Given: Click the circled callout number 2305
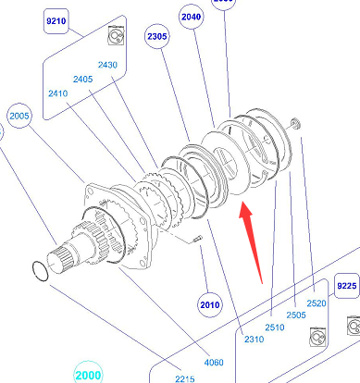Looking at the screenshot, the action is (x=157, y=36).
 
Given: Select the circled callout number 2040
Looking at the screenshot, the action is (x=192, y=17).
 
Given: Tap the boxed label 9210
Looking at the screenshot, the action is (x=56, y=21).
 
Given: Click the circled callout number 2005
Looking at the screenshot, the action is (x=19, y=116).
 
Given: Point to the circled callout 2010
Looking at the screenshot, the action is (x=210, y=305).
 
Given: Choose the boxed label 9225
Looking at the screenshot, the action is (x=347, y=286).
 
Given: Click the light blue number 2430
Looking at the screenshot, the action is (x=107, y=65).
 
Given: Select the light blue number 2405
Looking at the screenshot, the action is (x=82, y=79).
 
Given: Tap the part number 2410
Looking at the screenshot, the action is (x=58, y=93).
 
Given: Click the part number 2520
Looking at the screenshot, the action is (x=317, y=303).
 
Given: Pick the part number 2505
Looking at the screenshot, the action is (x=296, y=315).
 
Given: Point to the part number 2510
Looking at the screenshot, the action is (x=275, y=327).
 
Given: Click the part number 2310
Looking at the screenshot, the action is (x=254, y=340).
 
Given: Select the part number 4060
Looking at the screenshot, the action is (x=214, y=363).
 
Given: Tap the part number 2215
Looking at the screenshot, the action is (x=185, y=378).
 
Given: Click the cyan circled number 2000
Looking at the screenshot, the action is (x=88, y=375).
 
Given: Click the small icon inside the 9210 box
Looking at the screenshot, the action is (x=117, y=35).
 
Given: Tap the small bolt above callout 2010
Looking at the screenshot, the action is (x=197, y=239).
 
